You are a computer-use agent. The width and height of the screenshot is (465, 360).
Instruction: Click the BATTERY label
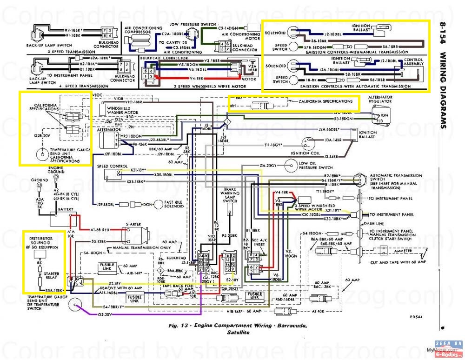pos(66,210)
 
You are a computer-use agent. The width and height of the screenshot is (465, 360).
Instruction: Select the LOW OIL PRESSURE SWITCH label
pos(316,165)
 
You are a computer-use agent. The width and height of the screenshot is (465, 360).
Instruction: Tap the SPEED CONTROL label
pos(112,166)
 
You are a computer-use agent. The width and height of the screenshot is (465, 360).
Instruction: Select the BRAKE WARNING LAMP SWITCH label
pos(231,195)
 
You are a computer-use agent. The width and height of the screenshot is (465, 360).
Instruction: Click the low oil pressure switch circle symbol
pos(291,164)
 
